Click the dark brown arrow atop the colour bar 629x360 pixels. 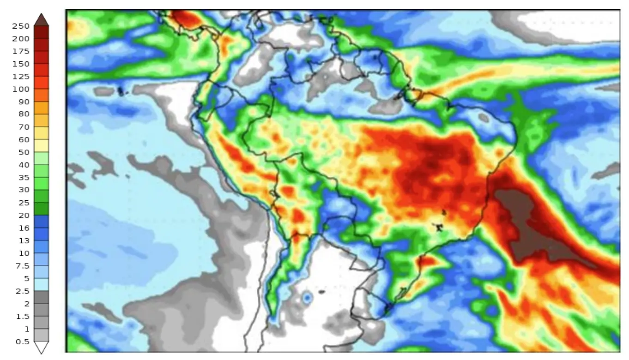pyautogui.click(x=41, y=20)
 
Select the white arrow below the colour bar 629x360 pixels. pyautogui.click(x=41, y=347)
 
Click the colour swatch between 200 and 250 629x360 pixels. pyautogui.click(x=41, y=32)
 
